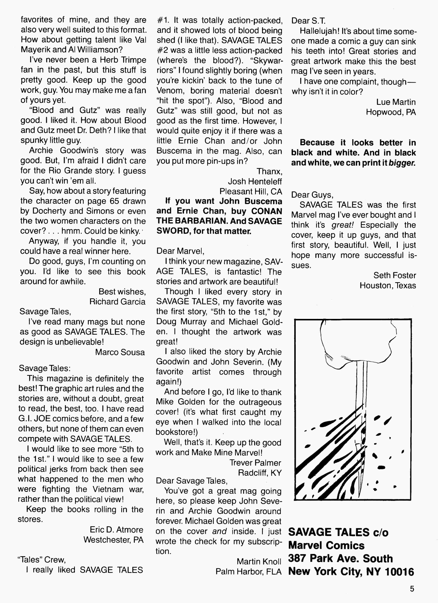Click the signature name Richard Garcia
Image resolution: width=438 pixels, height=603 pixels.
(117, 301)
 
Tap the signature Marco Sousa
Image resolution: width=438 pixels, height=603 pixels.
(120, 352)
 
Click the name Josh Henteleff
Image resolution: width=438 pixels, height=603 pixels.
(255, 181)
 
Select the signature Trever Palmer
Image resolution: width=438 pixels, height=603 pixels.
(255, 463)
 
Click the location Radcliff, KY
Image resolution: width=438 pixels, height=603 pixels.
(260, 473)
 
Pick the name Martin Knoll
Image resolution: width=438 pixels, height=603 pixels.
(259, 561)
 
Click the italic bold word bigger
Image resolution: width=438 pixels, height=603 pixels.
(401, 163)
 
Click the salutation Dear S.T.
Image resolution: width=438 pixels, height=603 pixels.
(308, 21)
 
